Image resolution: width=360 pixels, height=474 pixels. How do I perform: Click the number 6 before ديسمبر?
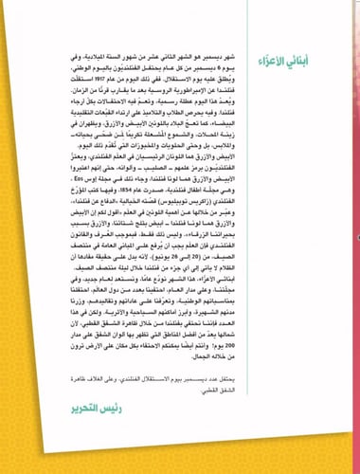click(224, 66)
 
